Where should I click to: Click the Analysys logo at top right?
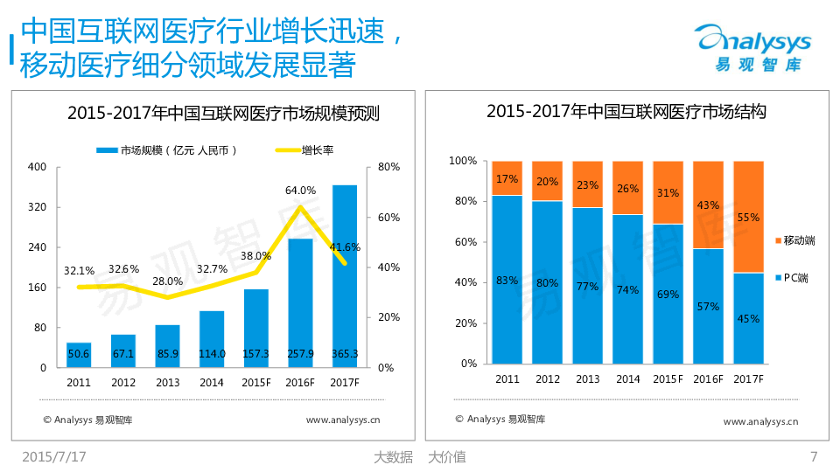pyautogui.click(x=752, y=48)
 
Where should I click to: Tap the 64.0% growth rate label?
pyautogui.click(x=300, y=190)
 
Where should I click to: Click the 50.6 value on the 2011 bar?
pyautogui.click(x=79, y=354)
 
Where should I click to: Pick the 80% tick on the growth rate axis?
pyautogui.click(x=389, y=167)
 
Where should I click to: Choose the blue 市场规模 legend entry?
pyautogui.click(x=166, y=150)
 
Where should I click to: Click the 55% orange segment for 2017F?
pyautogui.click(x=748, y=217)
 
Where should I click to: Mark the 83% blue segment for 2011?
pyautogui.click(x=507, y=279)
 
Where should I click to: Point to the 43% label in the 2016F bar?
pyautogui.click(x=708, y=205)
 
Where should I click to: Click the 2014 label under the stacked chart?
pyautogui.click(x=627, y=378)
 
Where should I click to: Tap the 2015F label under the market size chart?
pyautogui.click(x=256, y=383)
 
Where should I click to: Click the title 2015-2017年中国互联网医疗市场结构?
pyautogui.click(x=626, y=112)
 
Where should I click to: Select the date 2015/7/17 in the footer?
pyautogui.click(x=54, y=456)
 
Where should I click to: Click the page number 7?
pyautogui.click(x=814, y=456)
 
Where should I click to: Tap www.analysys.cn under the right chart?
pyautogui.click(x=760, y=421)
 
